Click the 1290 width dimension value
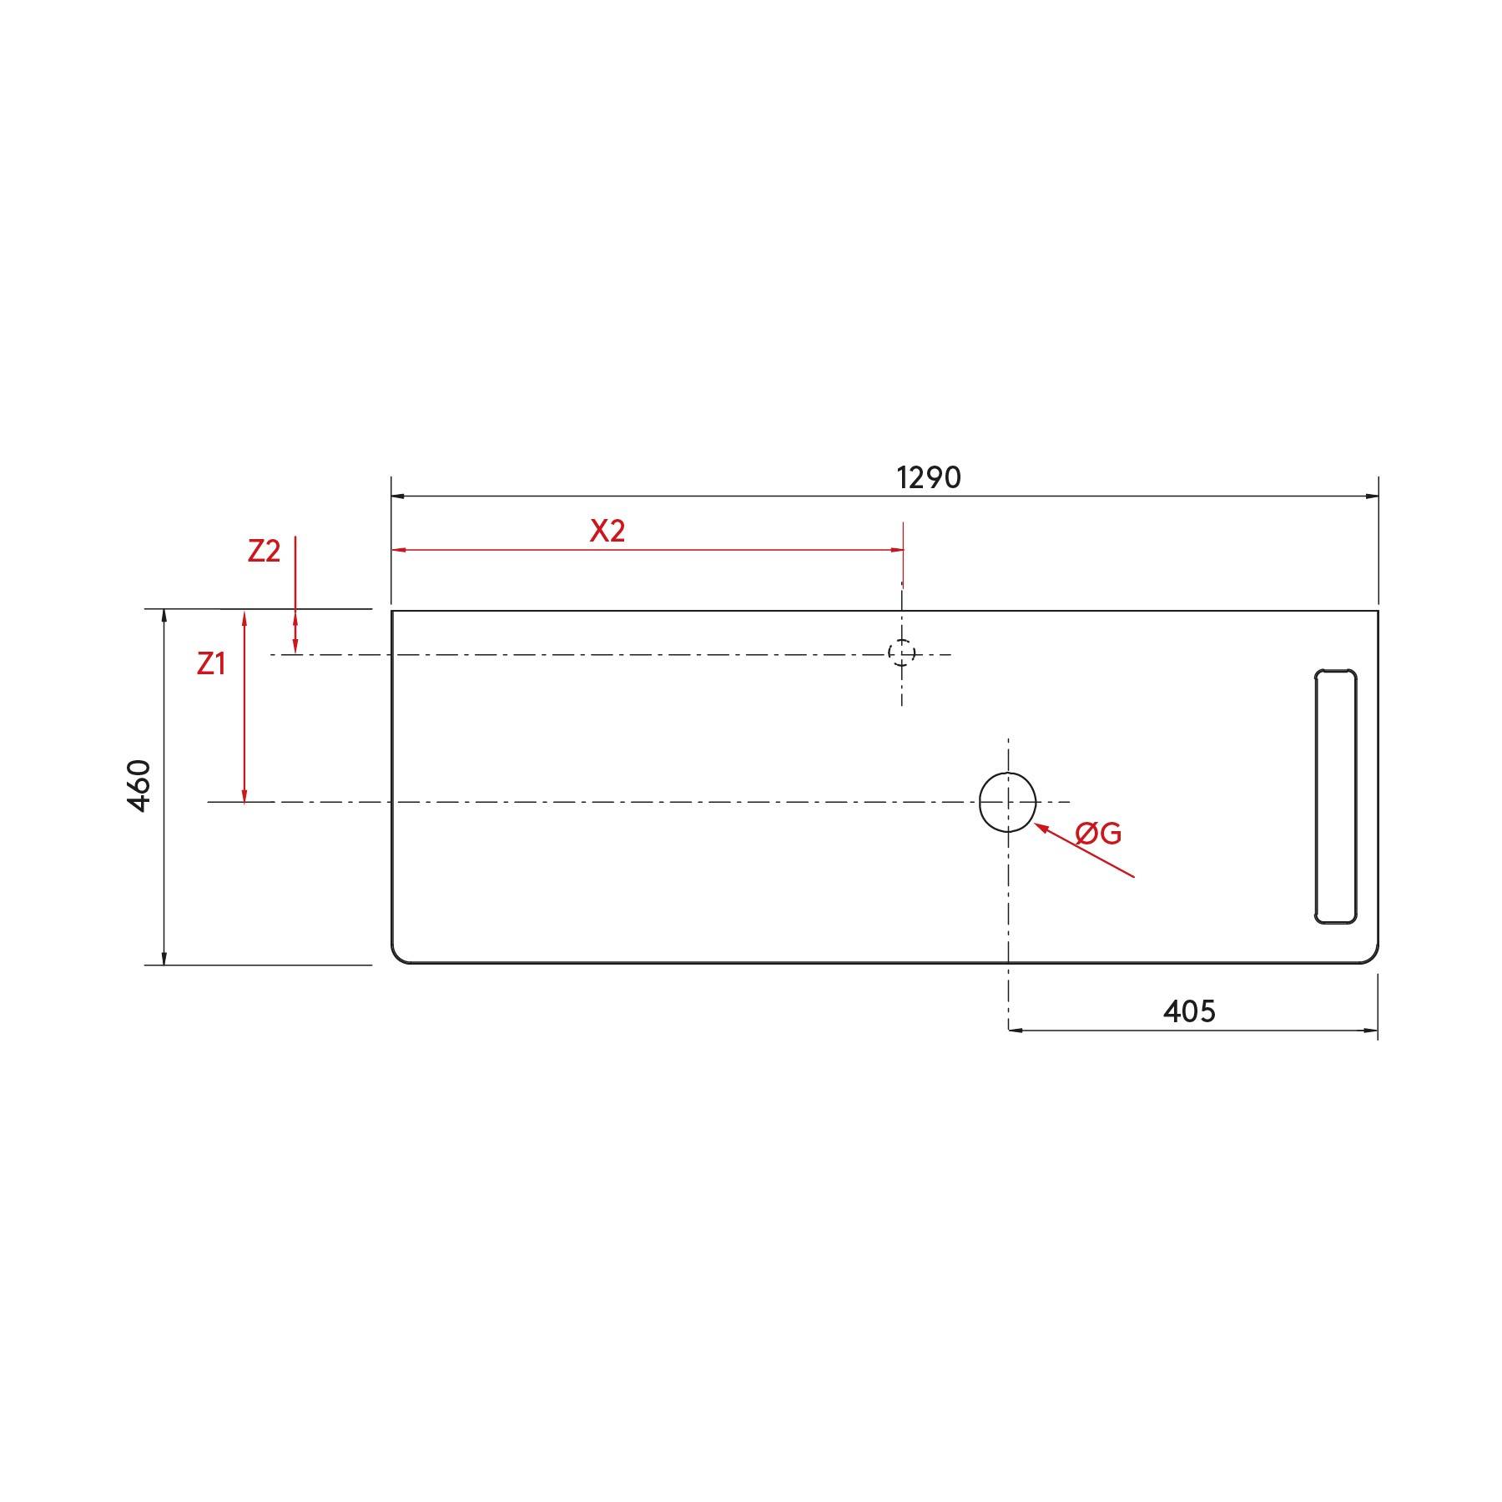(x=929, y=477)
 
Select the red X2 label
(x=607, y=531)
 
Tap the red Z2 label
(x=264, y=551)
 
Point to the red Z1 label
(x=211, y=663)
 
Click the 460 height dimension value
(x=139, y=785)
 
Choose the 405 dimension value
(x=1189, y=1011)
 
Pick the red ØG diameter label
(x=1098, y=832)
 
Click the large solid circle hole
(x=1008, y=802)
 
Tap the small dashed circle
(x=902, y=653)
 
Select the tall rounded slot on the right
(x=1335, y=796)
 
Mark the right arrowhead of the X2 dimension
(x=897, y=550)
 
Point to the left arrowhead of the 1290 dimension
(x=398, y=496)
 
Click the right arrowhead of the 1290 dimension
(x=1372, y=496)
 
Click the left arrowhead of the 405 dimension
(x=1016, y=1030)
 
